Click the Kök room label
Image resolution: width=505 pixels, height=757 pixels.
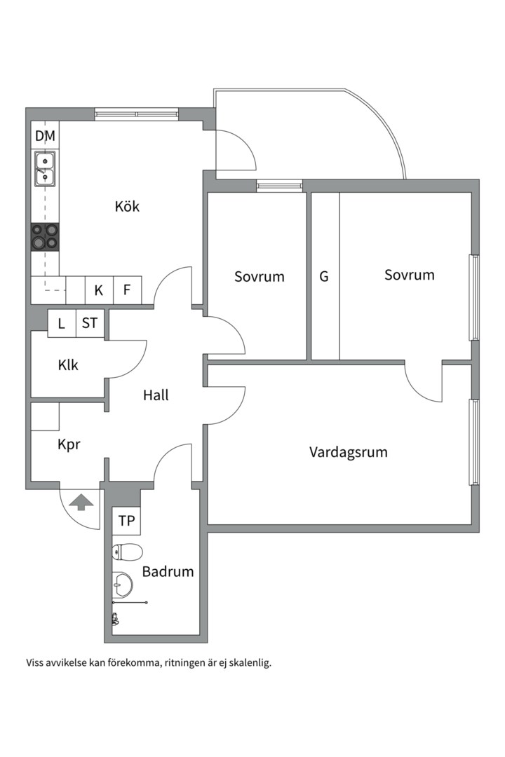pos(127,207)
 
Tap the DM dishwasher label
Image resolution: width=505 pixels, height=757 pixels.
pos(45,136)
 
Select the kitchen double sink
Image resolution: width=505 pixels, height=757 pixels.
pos(45,169)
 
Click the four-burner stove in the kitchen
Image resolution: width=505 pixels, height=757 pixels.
pos(45,236)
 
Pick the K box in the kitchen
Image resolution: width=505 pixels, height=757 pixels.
pos(99,289)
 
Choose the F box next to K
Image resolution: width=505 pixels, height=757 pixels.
pos(127,289)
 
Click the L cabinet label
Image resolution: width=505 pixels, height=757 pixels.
pos(62,323)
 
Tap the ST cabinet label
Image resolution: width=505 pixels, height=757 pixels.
pos(90,323)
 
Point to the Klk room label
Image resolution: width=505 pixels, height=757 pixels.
pos(68,365)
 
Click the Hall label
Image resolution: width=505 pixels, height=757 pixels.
pos(156,395)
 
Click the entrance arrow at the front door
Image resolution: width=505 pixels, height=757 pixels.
pos(82,501)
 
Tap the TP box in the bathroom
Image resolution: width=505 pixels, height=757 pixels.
pos(126,521)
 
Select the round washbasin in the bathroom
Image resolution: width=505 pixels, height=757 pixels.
pos(122,583)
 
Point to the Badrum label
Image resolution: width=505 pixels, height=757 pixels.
pos(168,572)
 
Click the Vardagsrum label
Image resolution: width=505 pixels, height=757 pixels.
pos(349,452)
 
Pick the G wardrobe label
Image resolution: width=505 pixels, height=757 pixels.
pos(324,277)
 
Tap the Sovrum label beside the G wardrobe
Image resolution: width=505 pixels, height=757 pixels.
pos(409,275)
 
